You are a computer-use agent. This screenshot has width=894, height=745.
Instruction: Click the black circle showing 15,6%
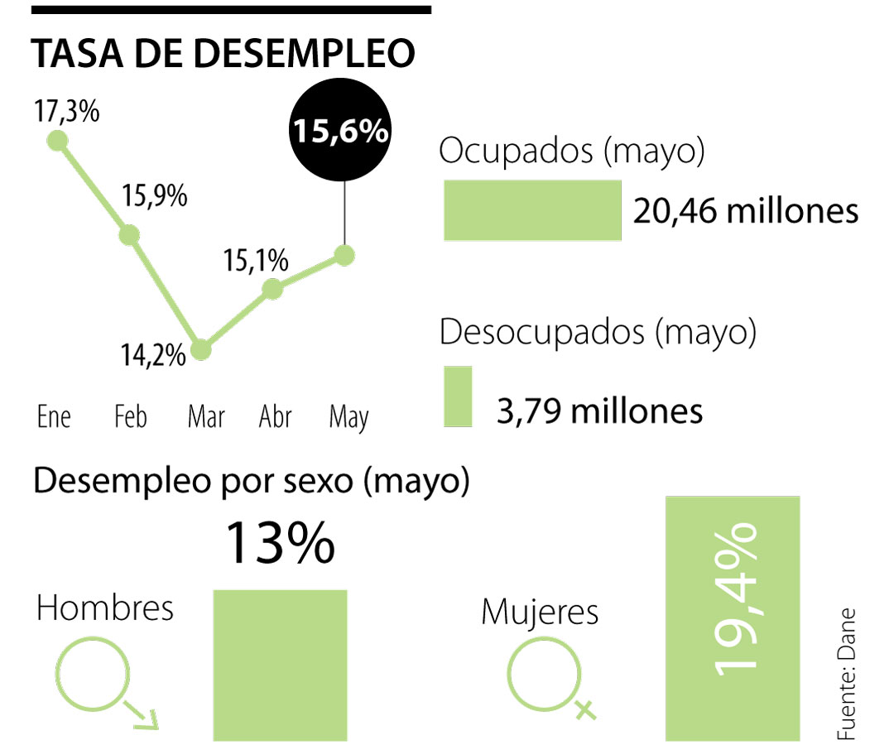coord(339,131)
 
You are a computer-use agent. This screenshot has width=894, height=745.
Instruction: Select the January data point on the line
coord(57,141)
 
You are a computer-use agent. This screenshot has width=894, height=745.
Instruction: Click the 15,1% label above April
coord(256,261)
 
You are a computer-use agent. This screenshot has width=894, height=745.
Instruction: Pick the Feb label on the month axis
coord(131,416)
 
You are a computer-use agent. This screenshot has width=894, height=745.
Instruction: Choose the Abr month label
coord(275,416)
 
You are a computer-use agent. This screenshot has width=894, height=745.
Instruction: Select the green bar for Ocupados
coord(532,210)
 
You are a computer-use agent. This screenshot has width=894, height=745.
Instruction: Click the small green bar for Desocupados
coord(458,397)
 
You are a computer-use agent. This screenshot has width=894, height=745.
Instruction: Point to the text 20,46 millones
coord(746,212)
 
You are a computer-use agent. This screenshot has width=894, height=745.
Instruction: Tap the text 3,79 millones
coord(599,411)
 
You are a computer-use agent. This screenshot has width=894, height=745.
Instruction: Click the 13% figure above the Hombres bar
coord(280,543)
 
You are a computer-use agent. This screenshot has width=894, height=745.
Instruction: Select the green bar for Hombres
coord(280,665)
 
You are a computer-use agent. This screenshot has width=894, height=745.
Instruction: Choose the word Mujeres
coord(540,613)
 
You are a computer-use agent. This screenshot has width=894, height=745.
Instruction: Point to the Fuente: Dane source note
coord(846,675)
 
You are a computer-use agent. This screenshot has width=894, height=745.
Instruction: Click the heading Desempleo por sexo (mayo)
coord(251,482)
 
